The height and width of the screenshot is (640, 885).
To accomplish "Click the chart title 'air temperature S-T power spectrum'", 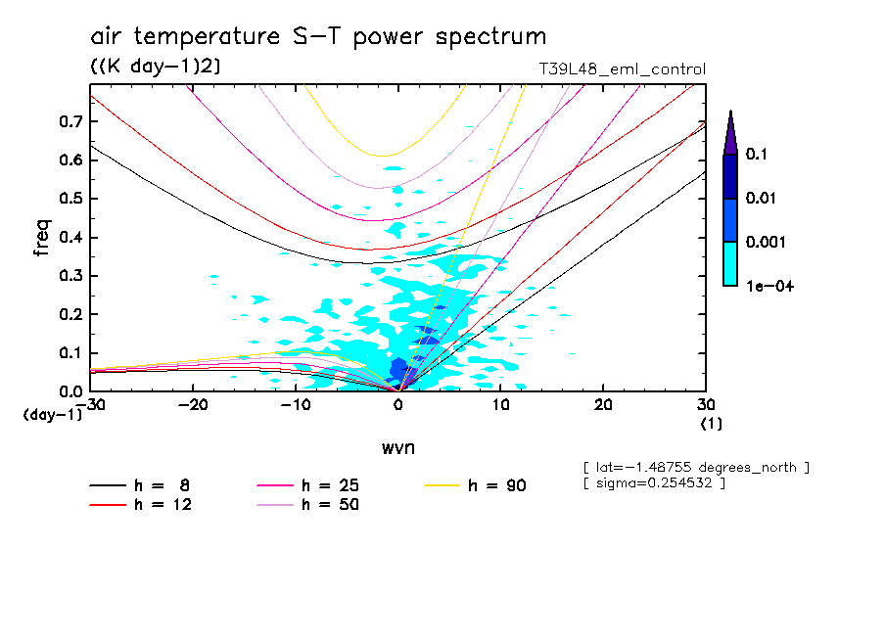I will (318, 37).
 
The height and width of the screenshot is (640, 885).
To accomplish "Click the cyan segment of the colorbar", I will (729, 263).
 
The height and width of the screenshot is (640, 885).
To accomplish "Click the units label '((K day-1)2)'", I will (155, 67).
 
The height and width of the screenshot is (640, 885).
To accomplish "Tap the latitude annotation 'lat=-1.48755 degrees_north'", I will (696, 467).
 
